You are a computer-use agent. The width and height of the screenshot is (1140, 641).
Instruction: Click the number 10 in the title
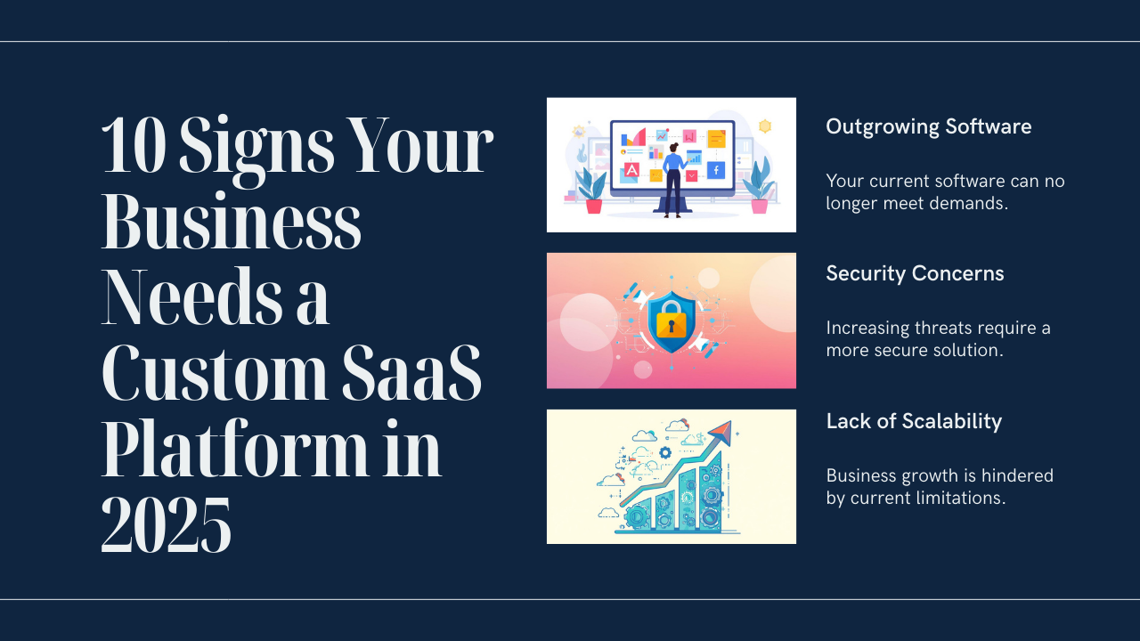pos(134,146)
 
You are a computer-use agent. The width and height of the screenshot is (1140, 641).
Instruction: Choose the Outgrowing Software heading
pos(928,126)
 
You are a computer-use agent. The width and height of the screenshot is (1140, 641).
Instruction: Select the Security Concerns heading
pos(915,273)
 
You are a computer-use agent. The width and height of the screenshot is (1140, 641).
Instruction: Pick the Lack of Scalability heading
pos(914,421)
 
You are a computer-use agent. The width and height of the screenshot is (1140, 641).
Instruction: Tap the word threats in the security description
pos(938,328)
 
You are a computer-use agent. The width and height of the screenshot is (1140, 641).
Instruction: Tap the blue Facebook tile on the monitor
pos(716,169)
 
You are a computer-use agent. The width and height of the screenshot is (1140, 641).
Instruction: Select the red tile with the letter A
pos(631,169)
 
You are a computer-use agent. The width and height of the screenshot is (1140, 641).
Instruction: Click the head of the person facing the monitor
pos(672,147)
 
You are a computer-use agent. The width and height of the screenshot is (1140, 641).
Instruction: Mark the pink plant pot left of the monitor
pos(593,207)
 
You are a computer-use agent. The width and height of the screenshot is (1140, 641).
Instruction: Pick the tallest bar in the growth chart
pos(710,499)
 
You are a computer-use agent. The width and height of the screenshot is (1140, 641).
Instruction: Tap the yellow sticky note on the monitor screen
pos(717,139)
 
